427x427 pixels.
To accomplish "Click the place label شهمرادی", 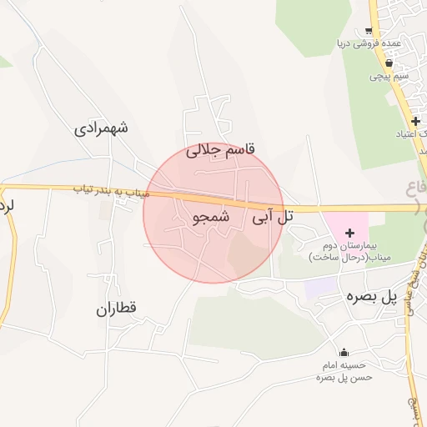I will pos(102,128).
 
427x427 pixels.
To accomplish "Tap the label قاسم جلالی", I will pos(223,150).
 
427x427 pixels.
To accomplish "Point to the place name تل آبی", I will pos(274,217).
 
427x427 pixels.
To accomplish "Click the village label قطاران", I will pos(115,309).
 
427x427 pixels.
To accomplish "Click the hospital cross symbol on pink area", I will pos(349,232).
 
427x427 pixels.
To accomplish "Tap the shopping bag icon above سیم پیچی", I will pos(389,63).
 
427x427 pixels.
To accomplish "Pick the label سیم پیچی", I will pos(389,76).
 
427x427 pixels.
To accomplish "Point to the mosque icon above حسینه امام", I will pos(343,352).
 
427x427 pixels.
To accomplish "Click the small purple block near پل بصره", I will pos(317,286).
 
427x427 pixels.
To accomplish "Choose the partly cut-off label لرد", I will pos(8,204).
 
